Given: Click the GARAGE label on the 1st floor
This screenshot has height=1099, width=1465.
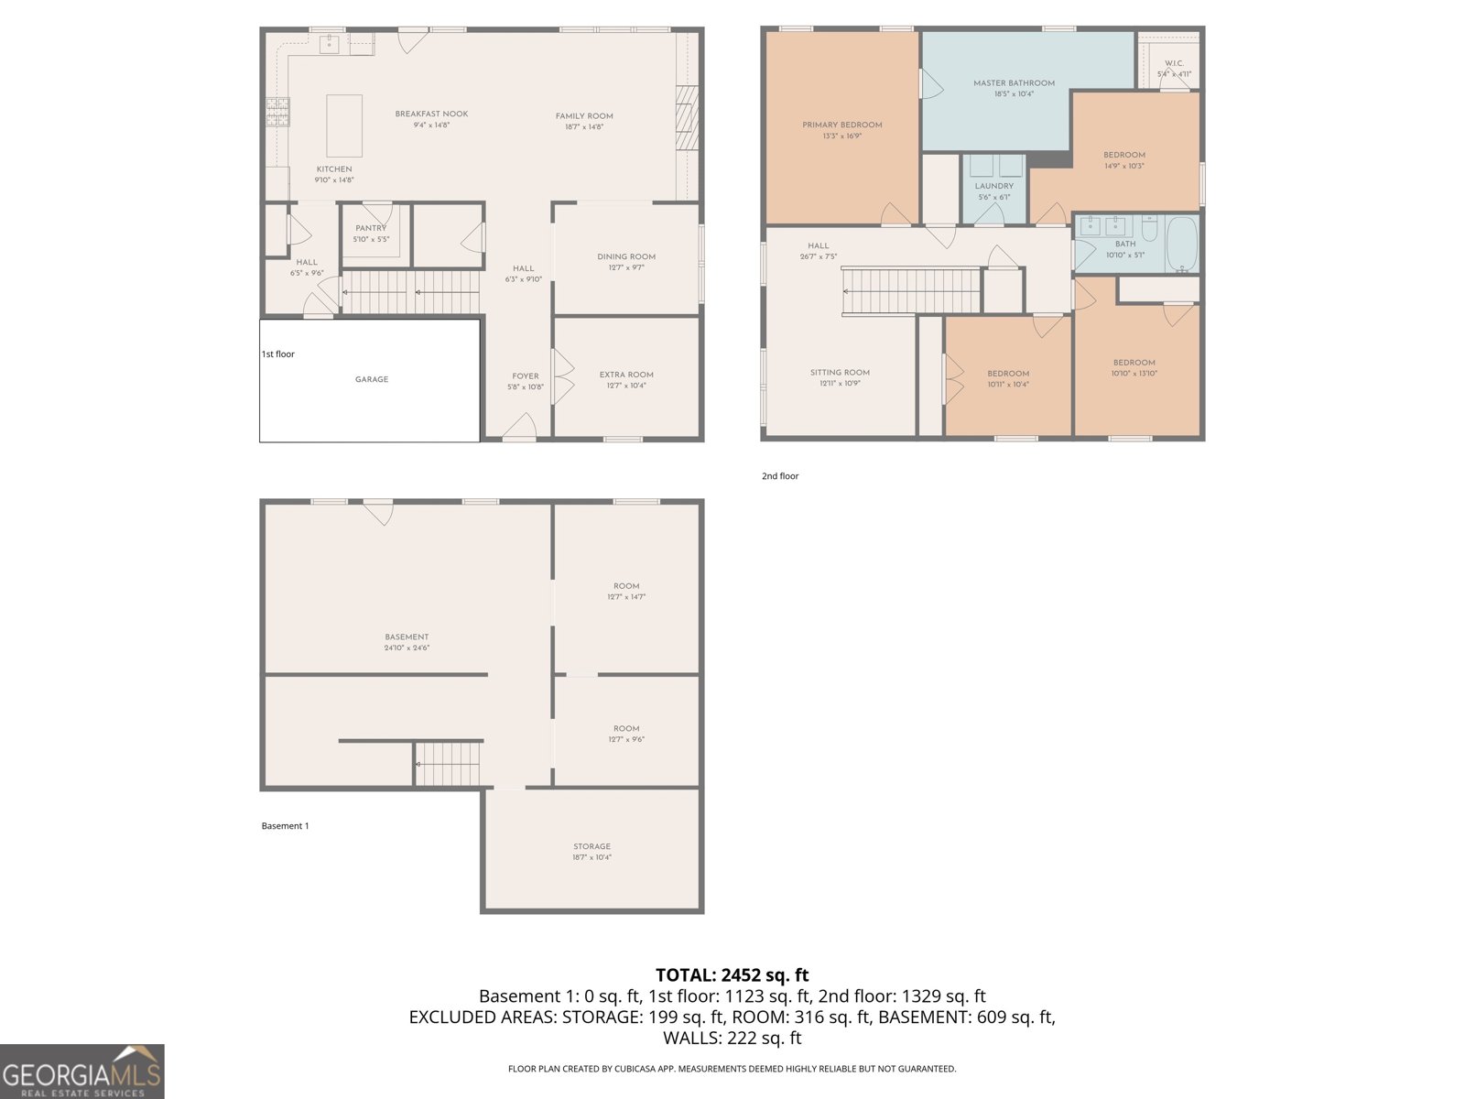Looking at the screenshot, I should coord(372,379).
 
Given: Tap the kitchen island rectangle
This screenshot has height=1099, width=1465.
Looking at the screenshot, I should coord(344,126).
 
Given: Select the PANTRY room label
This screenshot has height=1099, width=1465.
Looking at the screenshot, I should coord(371,228).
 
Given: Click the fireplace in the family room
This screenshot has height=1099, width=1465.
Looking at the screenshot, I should coord(687,117).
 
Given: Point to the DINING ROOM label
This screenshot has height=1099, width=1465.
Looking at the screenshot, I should coord(626,257).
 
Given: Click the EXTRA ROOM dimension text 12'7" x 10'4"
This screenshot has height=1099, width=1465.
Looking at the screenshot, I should coord(626,386).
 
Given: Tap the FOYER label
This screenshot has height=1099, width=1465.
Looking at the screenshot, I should coord(526,376).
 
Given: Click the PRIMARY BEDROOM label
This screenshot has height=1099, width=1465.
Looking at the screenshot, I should coord(842,125).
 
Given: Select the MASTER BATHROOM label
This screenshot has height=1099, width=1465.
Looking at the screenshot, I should coord(1014,83).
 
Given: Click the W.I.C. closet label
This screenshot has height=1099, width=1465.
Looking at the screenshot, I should coord(1174,63).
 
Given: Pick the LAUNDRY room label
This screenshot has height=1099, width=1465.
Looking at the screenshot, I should coord(993,186).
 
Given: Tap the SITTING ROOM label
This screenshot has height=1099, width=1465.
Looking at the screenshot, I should coord(840,373).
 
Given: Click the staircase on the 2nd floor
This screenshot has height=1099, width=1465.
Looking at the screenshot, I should coord(910,290).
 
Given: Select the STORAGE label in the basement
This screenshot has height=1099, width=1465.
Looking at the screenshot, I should coord(592,847).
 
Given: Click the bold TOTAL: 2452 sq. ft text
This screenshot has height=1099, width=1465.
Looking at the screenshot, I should coord(732,975).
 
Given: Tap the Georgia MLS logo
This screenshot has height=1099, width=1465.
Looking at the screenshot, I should coord(81,1072).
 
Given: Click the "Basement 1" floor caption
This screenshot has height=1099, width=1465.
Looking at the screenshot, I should coord(285,826).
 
